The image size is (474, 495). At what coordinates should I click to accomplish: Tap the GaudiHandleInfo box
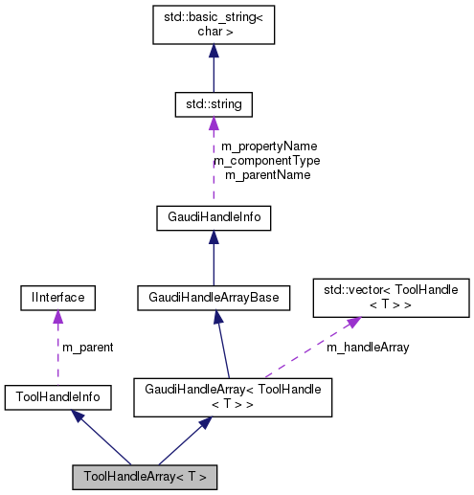coord(213,218)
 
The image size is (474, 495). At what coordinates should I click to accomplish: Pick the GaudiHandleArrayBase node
coord(213,298)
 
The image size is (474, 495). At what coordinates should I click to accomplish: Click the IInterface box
coord(55,298)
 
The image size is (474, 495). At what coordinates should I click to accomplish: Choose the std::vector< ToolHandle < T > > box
coord(393,297)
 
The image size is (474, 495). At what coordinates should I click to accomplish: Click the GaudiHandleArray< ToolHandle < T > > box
coord(233,397)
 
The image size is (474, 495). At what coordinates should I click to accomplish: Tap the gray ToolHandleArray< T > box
coord(145,476)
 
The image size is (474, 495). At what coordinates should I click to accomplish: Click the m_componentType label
coord(266,161)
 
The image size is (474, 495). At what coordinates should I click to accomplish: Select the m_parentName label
coord(267,175)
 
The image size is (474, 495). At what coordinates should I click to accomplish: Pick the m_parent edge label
coord(87,347)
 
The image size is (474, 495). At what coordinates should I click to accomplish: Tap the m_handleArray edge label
coord(368,347)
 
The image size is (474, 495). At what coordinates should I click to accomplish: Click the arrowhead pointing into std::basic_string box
coord(213,52)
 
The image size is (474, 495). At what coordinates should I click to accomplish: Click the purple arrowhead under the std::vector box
coord(352,324)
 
